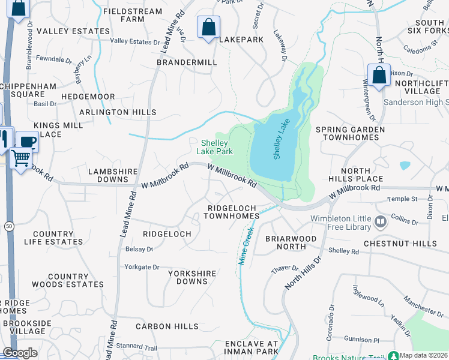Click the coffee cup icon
27,142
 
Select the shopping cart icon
20,159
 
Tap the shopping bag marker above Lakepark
208,27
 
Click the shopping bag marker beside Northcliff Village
379,76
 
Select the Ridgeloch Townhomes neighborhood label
232,212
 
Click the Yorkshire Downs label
192,277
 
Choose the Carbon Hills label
167,326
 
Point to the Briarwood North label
291,242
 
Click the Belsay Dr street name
139,249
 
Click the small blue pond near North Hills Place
405,165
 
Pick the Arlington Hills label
118,112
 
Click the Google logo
20,353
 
